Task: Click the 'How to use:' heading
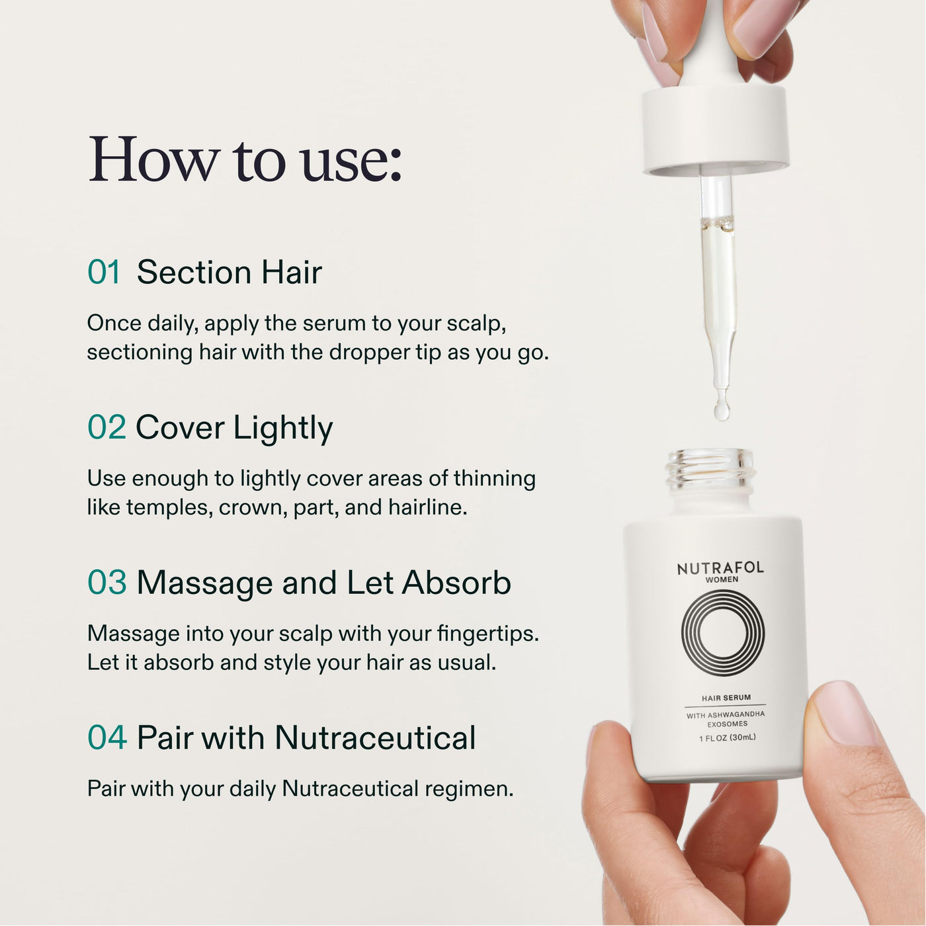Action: [x=245, y=159]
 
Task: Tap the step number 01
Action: [x=104, y=273]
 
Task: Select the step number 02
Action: [x=106, y=427]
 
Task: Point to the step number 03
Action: [x=107, y=583]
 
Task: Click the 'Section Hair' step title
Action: [x=230, y=273]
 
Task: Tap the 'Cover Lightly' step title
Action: [x=234, y=429]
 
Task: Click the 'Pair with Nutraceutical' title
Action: [x=306, y=737]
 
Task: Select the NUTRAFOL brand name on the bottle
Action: [x=720, y=568]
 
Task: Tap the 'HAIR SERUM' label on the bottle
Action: [x=726, y=697]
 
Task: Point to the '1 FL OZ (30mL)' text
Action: [x=728, y=737]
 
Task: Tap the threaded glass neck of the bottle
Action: [x=709, y=468]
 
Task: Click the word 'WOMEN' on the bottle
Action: [x=722, y=580]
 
